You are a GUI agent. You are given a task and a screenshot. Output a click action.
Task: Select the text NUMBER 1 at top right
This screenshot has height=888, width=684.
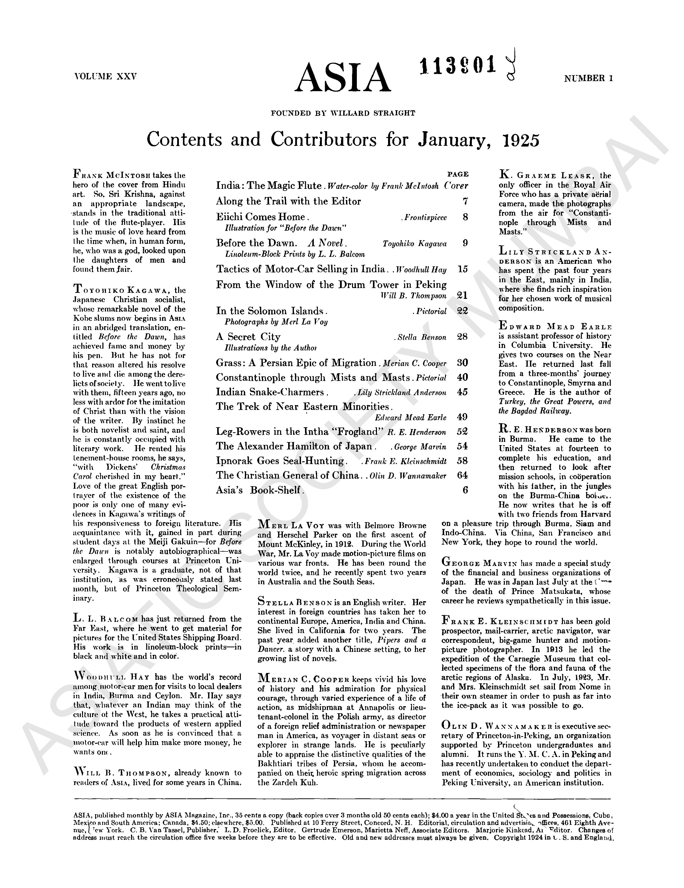click(x=588, y=79)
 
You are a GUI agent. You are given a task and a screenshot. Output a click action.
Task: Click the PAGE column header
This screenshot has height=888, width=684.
click(x=458, y=174)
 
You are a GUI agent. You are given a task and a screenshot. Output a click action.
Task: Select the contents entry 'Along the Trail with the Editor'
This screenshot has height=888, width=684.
click(x=288, y=201)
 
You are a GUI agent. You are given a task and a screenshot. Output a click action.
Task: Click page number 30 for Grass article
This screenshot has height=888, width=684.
click(x=462, y=363)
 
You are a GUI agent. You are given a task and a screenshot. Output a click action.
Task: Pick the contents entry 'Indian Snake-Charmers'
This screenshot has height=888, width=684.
click(x=270, y=392)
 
